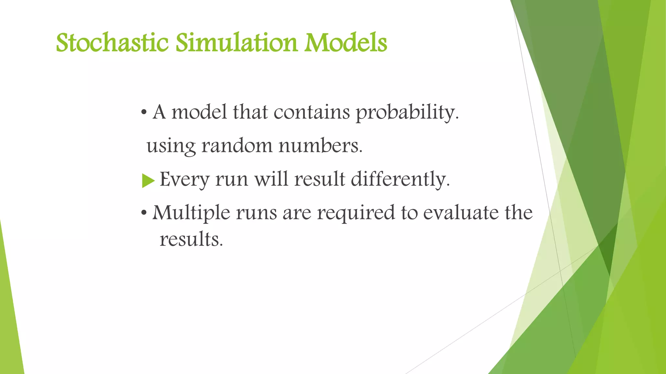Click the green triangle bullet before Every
pyautogui.click(x=148, y=181)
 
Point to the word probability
pyautogui.click(x=406, y=112)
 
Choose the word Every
pyautogui.click(x=184, y=179)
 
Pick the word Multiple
pyautogui.click(x=191, y=213)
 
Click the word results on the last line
pyautogui.click(x=191, y=239)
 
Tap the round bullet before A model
pyautogui.click(x=144, y=113)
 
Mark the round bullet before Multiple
pyautogui.click(x=144, y=214)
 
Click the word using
pyautogui.click(x=171, y=146)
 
